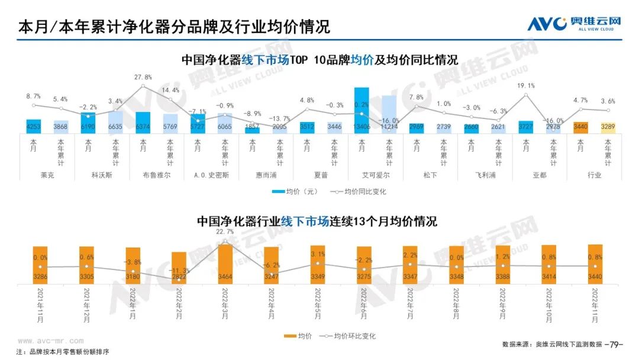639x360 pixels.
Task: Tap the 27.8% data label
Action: coord(143,78)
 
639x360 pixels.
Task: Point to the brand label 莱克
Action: coord(47,175)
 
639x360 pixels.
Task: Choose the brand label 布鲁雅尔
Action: coord(156,175)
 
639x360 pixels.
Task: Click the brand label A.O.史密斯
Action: coord(211,175)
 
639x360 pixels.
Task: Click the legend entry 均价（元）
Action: coord(295,192)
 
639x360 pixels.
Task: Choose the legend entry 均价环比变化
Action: coord(350,336)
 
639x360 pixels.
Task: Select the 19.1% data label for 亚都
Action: coord(526,85)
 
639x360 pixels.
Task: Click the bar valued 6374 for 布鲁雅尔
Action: coord(143,122)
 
